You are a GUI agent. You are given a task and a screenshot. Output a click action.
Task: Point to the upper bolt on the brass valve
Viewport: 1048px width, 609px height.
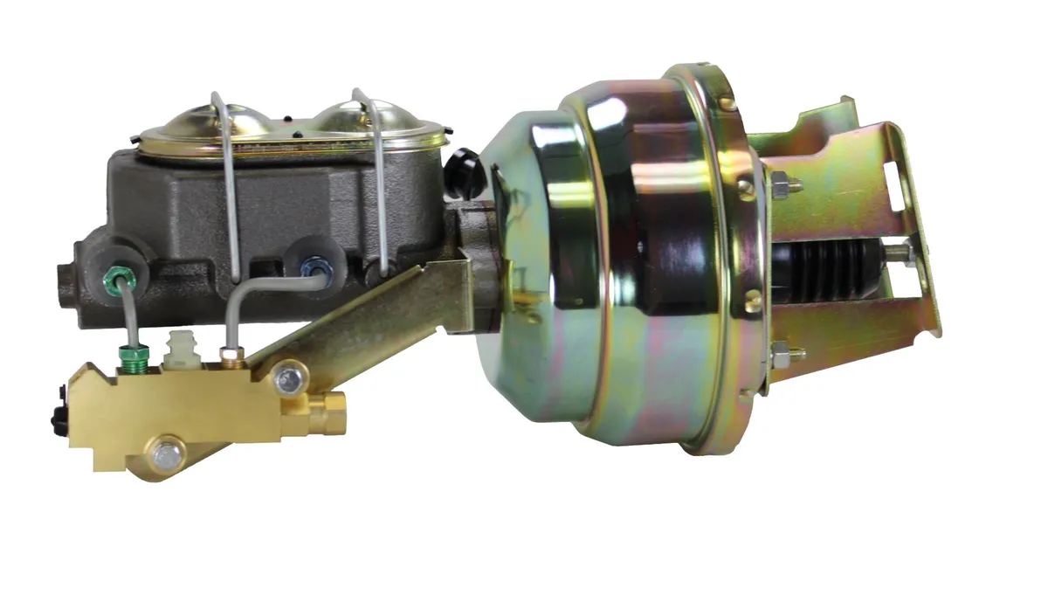285,378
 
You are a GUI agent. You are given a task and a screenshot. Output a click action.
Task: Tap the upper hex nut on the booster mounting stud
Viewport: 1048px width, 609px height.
780,186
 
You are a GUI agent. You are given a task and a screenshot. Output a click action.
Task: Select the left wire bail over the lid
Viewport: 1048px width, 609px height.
229,183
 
